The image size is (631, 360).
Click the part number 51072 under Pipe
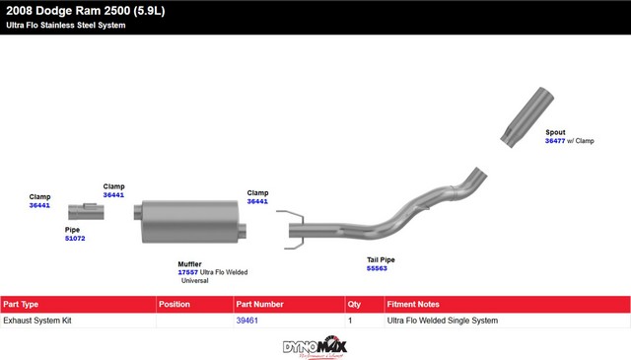pyautogui.click(x=75, y=239)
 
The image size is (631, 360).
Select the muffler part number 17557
pyautogui.click(x=188, y=272)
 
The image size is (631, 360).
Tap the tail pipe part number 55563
pyautogui.click(x=377, y=268)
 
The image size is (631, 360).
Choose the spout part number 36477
pyautogui.click(x=555, y=141)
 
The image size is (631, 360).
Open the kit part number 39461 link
pyautogui.click(x=247, y=321)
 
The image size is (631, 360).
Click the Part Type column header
pyautogui.click(x=21, y=305)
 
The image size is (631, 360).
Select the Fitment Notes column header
pyautogui.click(x=413, y=305)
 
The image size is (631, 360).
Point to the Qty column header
pyautogui.click(x=354, y=305)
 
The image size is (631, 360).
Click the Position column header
pyautogui.click(x=175, y=305)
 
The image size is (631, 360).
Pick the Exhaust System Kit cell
pyautogui.click(x=37, y=321)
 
